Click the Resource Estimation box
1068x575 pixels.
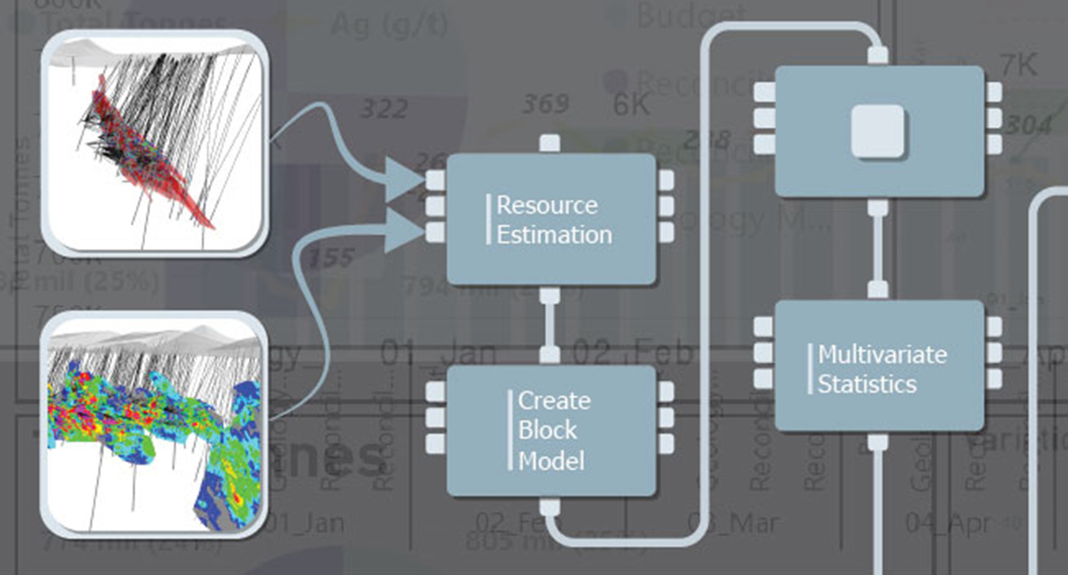click(x=550, y=218)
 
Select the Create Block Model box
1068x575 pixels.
click(x=550, y=430)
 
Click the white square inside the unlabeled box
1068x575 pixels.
click(x=878, y=131)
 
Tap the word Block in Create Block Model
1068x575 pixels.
click(x=548, y=430)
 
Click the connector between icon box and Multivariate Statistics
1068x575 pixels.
click(x=878, y=248)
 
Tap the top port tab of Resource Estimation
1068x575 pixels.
click(x=550, y=143)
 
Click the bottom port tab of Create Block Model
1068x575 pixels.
click(x=550, y=507)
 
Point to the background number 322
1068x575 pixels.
click(x=383, y=109)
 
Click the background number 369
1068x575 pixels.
click(x=546, y=103)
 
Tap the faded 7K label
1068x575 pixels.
click(x=1017, y=65)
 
